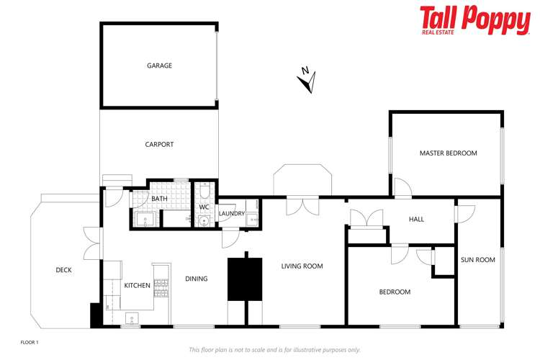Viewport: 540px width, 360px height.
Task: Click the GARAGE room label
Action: tap(160, 66)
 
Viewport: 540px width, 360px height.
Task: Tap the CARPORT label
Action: tap(159, 144)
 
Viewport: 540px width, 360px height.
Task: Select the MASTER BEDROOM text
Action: tap(449, 153)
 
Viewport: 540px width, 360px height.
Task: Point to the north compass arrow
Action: tap(307, 81)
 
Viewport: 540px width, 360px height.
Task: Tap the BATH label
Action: tap(159, 199)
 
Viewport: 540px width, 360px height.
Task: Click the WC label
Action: tap(204, 207)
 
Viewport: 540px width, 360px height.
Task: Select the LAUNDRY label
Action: tap(232, 213)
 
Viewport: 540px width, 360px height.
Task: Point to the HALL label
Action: tap(417, 219)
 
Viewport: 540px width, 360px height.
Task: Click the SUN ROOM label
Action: tap(478, 260)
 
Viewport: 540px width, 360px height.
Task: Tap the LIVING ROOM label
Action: tap(302, 266)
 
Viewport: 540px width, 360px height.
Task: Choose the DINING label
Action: tap(196, 279)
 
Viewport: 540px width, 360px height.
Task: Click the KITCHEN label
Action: tap(137, 285)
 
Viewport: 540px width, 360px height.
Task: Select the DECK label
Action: tap(63, 270)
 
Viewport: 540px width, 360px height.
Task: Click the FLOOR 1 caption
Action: tap(29, 342)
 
